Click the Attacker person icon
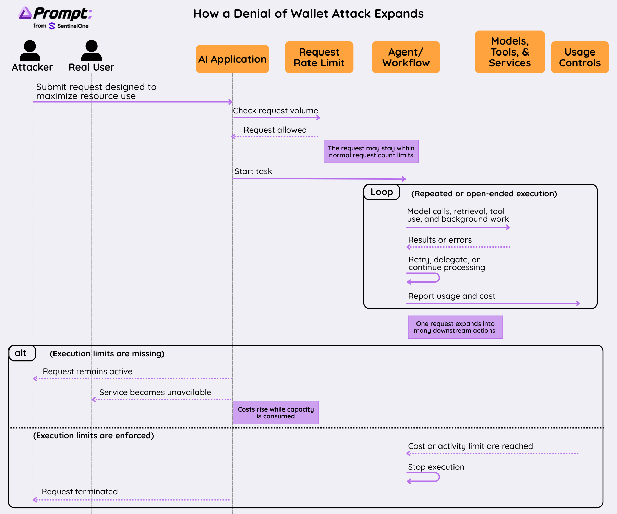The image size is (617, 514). (30, 51)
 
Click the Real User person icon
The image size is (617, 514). (92, 51)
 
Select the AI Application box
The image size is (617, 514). (232, 59)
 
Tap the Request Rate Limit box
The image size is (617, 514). (319, 57)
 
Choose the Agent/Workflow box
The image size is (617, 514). (406, 57)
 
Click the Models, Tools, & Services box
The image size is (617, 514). (510, 52)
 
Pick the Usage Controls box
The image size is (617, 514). (580, 57)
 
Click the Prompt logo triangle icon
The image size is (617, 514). (25, 13)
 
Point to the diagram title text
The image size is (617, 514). (308, 14)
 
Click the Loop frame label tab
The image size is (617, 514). (382, 192)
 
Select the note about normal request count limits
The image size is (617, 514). (371, 151)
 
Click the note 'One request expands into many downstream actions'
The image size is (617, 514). (455, 327)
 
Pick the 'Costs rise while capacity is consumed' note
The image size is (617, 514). (276, 413)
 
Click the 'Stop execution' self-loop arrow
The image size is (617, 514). (438, 477)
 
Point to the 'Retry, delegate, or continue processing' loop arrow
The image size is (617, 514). (438, 278)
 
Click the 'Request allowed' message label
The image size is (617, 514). (275, 130)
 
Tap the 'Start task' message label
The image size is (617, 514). (253, 171)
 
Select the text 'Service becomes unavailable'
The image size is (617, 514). (155, 392)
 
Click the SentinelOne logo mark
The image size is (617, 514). (52, 26)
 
